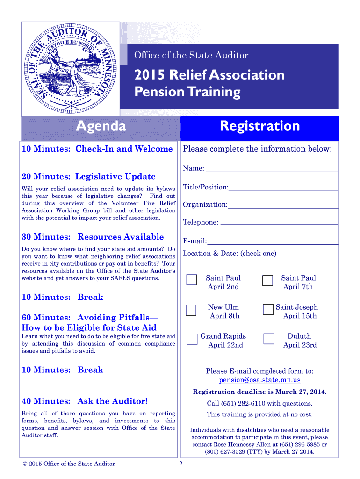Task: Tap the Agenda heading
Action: coord(101,126)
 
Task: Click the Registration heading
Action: coord(259,126)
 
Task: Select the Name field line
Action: coord(272,169)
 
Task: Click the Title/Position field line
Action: coord(283,189)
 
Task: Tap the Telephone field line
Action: coord(279,224)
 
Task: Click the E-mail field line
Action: coord(273,243)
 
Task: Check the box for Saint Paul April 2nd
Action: coord(192,280)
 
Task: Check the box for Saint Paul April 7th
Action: coord(267,280)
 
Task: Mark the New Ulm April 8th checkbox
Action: coord(191,310)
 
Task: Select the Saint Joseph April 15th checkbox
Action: coord(267,310)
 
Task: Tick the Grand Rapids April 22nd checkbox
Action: coord(192,339)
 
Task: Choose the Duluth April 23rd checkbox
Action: coord(268,339)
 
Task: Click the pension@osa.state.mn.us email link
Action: coord(259,380)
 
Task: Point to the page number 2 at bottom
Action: coord(181,464)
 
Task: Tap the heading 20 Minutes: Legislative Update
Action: coord(88,176)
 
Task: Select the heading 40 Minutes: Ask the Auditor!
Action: coord(85,401)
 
